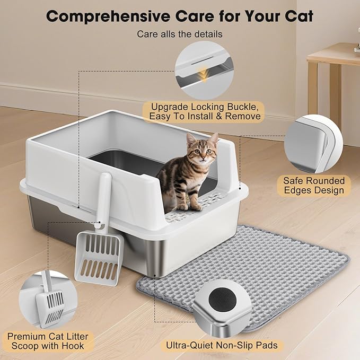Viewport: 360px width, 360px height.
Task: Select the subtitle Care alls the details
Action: click(x=180, y=34)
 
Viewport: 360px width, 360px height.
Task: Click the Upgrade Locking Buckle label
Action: click(x=205, y=111)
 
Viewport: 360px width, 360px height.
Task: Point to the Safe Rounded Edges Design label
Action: click(x=313, y=186)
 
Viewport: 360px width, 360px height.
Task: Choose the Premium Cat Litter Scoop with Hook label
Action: click(x=48, y=342)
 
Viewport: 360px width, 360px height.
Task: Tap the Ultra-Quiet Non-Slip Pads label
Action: click(x=222, y=346)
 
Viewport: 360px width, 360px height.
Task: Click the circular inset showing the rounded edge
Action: click(x=312, y=145)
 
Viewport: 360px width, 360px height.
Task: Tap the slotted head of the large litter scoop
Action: click(x=99, y=257)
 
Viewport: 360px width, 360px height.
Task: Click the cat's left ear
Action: click(x=213, y=139)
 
